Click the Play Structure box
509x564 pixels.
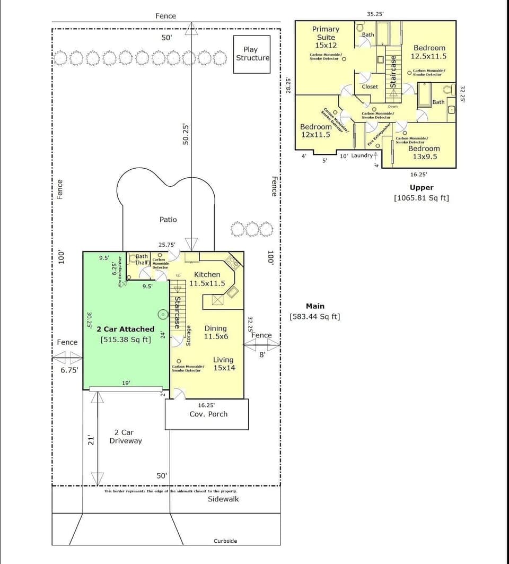(252, 54)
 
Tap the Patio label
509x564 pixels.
(168, 219)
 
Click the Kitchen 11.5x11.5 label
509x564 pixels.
(207, 279)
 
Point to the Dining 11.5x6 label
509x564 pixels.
(215, 333)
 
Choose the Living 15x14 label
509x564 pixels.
(223, 364)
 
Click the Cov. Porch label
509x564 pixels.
(208, 414)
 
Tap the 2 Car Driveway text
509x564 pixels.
(125, 437)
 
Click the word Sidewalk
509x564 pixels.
(223, 499)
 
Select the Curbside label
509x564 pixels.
(225, 541)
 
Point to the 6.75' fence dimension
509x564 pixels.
(68, 370)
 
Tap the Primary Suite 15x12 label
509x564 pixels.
(326, 37)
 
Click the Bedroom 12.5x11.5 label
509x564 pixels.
(429, 52)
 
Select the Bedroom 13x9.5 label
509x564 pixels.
(424, 152)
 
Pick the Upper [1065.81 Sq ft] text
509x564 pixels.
(422, 193)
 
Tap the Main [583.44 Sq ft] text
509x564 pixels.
(314, 311)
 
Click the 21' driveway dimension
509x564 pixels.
(91, 439)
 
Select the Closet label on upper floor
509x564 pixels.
(370, 86)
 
